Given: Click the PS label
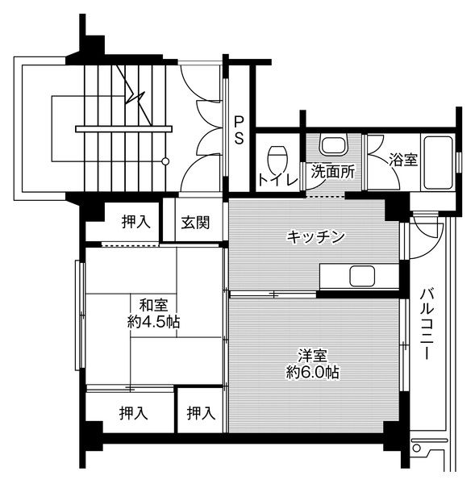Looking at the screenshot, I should click(240, 129).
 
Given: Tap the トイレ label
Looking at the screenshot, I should click(274, 179).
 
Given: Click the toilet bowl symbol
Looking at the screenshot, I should click(277, 154).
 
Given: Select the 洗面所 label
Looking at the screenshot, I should click(332, 171).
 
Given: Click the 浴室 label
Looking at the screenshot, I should click(403, 160).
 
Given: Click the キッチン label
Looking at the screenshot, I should click(316, 236).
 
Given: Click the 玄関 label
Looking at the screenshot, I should click(195, 222).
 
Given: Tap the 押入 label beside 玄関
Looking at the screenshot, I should click(135, 222).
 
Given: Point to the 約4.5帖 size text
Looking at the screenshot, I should click(153, 322).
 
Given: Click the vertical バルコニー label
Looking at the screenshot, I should click(428, 323).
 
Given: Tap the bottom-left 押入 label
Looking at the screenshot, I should click(135, 414).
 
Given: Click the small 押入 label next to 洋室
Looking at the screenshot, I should click(200, 414).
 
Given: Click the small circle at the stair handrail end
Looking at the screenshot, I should click(165, 161).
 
